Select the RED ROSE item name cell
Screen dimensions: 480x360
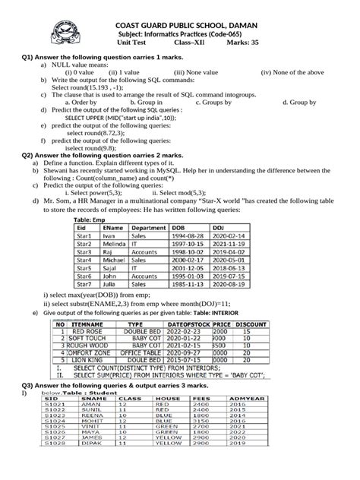[x=87, y=331]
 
